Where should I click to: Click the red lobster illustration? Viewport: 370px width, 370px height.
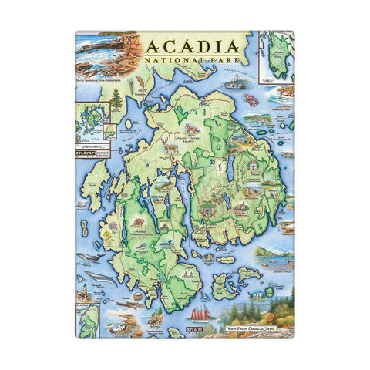pos(251,101)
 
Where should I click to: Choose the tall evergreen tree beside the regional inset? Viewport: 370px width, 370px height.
pos(116,100)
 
